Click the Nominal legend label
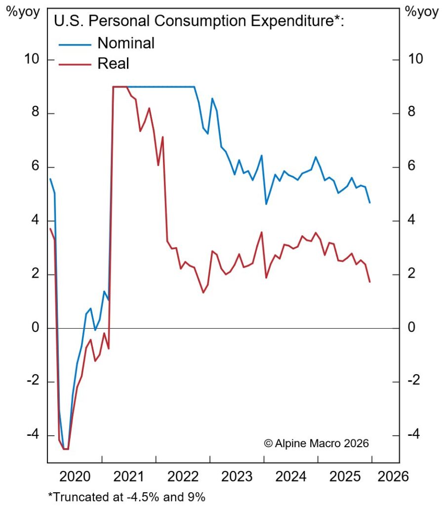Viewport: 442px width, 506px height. (x=126, y=43)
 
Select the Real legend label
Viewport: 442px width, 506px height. (x=113, y=63)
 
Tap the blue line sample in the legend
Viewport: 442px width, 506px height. (x=75, y=44)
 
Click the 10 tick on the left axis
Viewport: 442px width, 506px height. (x=31, y=60)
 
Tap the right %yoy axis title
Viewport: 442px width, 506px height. (x=421, y=12)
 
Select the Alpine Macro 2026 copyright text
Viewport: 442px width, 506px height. (x=317, y=443)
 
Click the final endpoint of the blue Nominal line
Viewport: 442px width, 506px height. (x=370, y=203)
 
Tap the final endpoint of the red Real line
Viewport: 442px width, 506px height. (x=370, y=282)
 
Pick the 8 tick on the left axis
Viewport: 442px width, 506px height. (x=36, y=114)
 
